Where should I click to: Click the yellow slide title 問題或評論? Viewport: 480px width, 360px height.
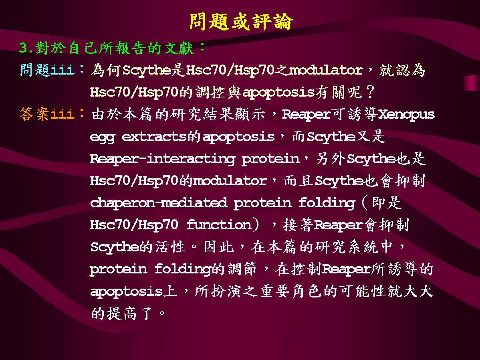tap(241, 21)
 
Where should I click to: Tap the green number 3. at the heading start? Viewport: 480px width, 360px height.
tap(26, 48)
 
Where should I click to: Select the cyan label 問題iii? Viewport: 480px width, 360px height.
tap(47, 69)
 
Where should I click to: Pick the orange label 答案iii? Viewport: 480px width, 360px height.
tap(47, 114)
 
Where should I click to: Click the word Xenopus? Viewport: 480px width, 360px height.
tap(406, 115)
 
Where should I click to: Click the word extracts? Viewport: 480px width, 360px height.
tap(154, 137)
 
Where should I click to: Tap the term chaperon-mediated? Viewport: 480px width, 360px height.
tap(159, 203)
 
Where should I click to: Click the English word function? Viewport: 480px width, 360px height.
tap(219, 224)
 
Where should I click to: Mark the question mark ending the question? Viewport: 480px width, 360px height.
tap(370, 92)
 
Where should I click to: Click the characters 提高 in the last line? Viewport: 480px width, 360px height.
tap(121, 313)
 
